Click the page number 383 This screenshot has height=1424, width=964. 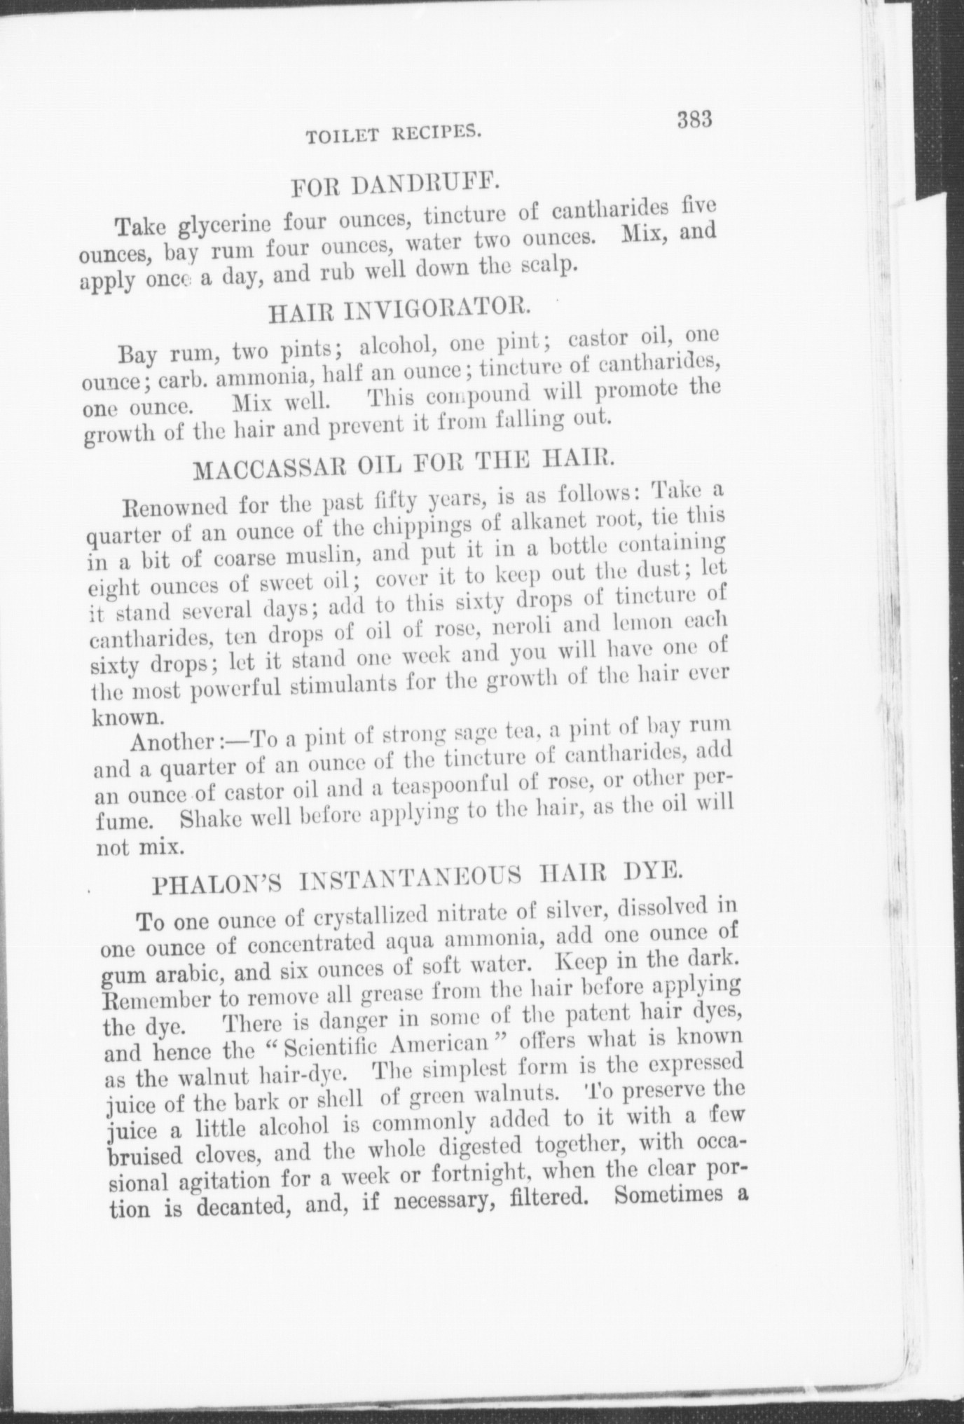694,120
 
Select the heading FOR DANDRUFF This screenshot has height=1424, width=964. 394,185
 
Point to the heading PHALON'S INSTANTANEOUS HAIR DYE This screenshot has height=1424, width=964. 417,882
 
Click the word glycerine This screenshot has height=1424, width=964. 225,226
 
